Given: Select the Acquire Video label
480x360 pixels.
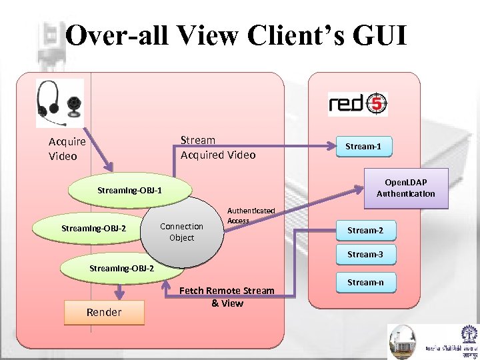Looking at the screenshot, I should [x=67, y=149].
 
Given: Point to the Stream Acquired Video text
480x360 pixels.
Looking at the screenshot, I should [x=217, y=147].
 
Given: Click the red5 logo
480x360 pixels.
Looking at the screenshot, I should [x=357, y=104].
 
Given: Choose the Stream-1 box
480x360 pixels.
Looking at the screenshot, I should [x=363, y=146].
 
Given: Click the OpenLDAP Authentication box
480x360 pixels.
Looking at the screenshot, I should [x=405, y=188].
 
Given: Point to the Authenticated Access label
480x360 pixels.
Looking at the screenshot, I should [x=251, y=215].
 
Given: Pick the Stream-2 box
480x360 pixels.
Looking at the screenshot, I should [x=365, y=230].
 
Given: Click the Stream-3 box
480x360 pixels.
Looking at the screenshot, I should [x=365, y=254].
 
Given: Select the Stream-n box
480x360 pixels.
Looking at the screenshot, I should [x=365, y=282].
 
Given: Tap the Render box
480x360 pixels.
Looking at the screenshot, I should [x=104, y=312].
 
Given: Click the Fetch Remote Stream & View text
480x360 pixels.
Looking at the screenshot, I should [x=227, y=297].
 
